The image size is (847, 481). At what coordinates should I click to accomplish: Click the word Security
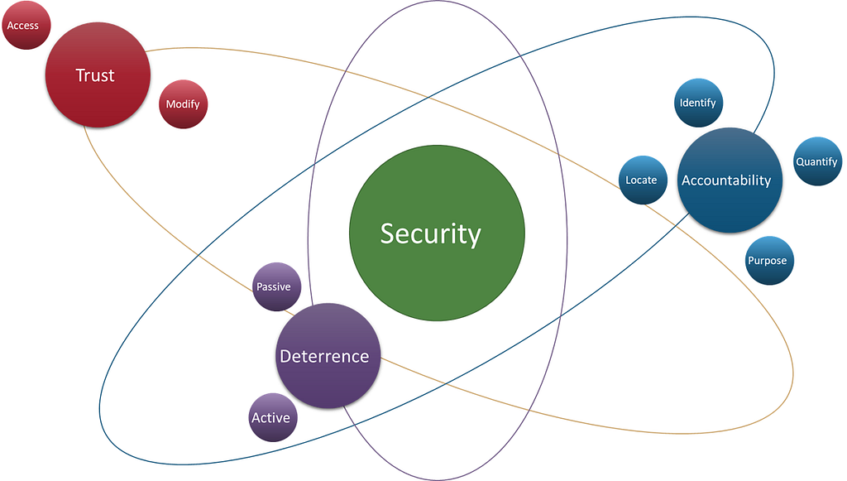(x=430, y=233)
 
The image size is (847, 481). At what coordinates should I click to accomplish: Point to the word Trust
(x=95, y=75)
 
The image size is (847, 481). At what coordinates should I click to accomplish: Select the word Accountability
(x=726, y=180)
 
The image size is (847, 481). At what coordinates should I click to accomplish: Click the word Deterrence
(x=324, y=357)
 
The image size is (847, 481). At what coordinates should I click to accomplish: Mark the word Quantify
(x=817, y=162)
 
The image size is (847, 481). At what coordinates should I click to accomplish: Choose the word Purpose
(x=768, y=261)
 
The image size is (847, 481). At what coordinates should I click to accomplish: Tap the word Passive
(x=273, y=287)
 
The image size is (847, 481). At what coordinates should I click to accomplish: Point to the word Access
(x=23, y=26)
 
